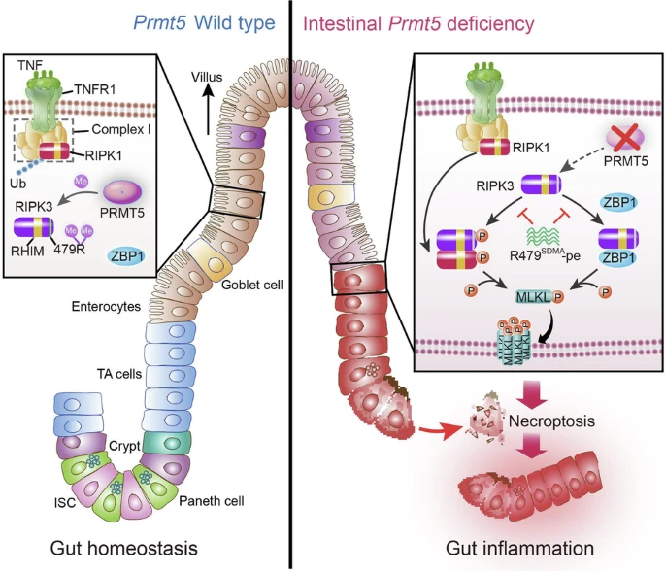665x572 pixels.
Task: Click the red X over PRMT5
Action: [x=624, y=140]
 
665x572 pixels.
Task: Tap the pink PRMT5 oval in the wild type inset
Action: [x=122, y=191]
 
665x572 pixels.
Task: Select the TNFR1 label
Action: [x=95, y=89]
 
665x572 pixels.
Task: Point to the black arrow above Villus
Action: [x=208, y=109]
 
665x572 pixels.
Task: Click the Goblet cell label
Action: [x=251, y=285]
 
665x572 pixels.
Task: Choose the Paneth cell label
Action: [x=212, y=501]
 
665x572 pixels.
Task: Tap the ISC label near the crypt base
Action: [x=65, y=503]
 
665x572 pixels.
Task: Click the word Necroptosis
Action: [x=551, y=421]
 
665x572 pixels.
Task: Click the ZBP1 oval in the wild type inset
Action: [x=127, y=255]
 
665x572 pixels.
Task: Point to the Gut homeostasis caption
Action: [x=124, y=548]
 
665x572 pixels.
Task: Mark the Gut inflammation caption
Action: [x=519, y=549]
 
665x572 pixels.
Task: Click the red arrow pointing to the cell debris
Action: [x=440, y=431]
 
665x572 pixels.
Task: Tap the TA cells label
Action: [x=119, y=374]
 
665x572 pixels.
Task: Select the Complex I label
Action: [x=121, y=129]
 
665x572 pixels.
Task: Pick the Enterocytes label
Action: [x=106, y=306]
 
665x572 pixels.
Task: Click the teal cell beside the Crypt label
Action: [x=167, y=443]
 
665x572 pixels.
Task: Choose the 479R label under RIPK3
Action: [x=69, y=249]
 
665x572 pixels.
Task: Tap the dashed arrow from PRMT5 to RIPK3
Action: [x=582, y=160]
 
